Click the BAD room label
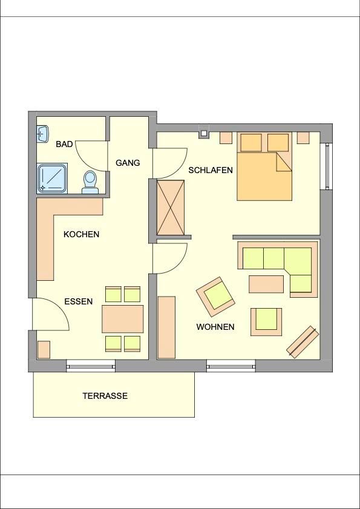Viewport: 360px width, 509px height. point(64,144)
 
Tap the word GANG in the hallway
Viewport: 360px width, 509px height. point(128,163)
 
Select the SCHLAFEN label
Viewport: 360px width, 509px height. point(211,170)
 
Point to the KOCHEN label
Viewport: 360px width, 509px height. point(81,234)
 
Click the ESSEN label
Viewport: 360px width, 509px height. point(79,301)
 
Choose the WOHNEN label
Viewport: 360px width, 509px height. point(215,327)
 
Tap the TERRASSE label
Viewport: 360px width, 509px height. point(105,396)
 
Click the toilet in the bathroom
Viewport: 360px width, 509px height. point(90,182)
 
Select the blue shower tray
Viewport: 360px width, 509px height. point(52,179)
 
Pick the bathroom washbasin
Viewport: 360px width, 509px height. point(42,133)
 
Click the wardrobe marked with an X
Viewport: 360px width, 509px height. point(171,208)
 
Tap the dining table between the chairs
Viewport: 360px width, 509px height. point(123,319)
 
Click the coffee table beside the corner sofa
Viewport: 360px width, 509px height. point(266,284)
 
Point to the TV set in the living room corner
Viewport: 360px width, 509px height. point(303,342)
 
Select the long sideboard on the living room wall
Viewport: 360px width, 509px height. point(166,327)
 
